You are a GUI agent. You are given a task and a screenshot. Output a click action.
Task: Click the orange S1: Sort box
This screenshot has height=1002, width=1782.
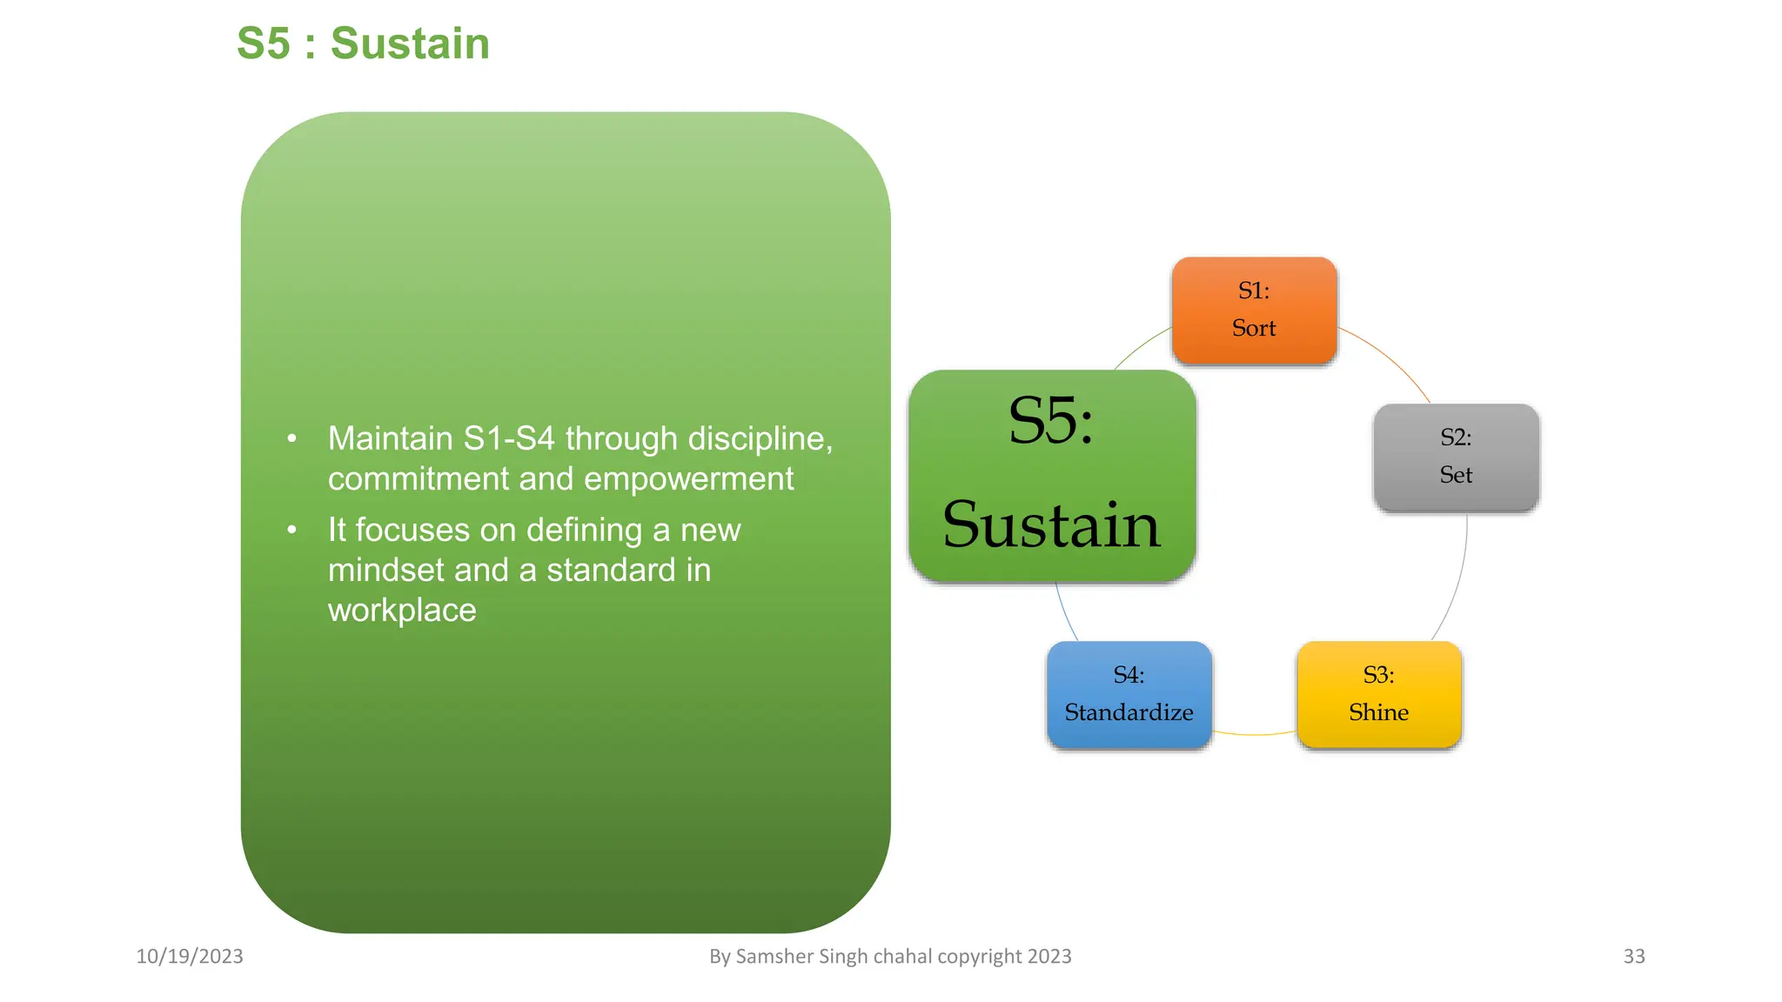tap(1254, 310)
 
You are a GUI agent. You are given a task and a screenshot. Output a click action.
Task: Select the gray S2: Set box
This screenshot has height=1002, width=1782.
tap(1456, 457)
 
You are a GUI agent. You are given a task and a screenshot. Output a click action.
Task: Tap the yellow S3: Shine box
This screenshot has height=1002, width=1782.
tap(1378, 694)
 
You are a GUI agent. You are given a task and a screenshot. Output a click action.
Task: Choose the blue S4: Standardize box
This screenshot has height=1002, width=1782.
tap(1129, 694)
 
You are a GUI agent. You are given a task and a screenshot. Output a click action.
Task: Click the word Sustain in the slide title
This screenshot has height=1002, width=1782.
tap(410, 43)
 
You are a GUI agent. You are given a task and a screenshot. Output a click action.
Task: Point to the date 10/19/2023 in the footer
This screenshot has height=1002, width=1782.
tap(190, 956)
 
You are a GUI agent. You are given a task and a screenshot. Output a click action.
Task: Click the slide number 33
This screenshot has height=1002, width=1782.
tap(1633, 956)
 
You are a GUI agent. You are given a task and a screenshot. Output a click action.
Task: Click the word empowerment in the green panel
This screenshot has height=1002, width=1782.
tap(688, 478)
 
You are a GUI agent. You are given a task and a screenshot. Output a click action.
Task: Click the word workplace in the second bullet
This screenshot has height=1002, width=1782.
tap(402, 610)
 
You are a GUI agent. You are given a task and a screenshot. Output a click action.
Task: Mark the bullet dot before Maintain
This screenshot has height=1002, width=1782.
tap(292, 438)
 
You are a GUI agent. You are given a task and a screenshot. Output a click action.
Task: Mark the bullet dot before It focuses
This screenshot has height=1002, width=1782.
tap(292, 530)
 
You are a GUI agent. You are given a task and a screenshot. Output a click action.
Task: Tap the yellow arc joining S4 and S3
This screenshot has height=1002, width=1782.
tap(1254, 734)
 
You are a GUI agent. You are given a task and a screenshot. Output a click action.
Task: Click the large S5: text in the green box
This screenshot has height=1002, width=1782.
tap(1050, 421)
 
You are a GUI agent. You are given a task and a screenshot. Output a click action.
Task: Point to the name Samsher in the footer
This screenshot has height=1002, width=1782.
tap(775, 956)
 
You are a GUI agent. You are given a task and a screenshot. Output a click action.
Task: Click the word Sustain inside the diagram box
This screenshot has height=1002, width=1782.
tap(1051, 525)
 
